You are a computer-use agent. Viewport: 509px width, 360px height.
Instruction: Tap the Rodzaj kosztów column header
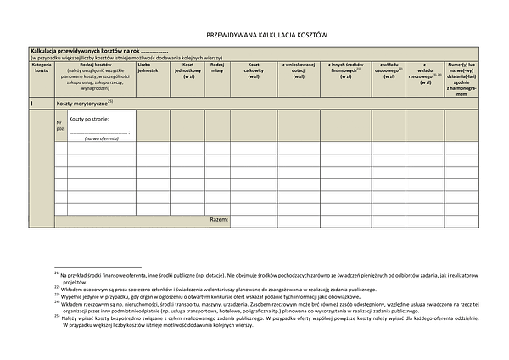pyautogui.click(x=96, y=76)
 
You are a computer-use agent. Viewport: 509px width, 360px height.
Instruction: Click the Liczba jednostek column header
pyautogui.click(x=148, y=67)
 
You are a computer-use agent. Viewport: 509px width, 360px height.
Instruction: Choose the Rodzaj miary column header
pyautogui.click(x=217, y=67)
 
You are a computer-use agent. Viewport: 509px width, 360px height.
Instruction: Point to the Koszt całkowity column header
pyautogui.click(x=253, y=70)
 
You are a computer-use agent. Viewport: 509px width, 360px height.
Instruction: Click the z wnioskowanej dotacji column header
pyautogui.click(x=299, y=70)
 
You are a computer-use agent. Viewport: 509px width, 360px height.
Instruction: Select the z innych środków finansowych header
pyautogui.click(x=345, y=70)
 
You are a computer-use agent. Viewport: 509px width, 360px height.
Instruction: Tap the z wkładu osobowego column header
pyautogui.click(x=389, y=70)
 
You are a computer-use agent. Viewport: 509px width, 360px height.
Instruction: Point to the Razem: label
pyautogui.click(x=218, y=220)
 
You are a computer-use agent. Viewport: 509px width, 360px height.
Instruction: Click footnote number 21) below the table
pyautogui.click(x=56, y=274)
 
